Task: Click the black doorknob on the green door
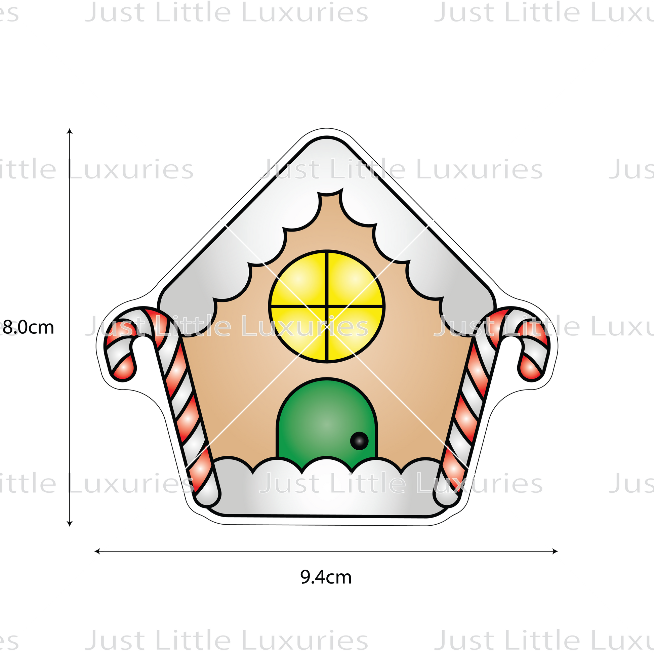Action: pyautogui.click(x=359, y=440)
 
